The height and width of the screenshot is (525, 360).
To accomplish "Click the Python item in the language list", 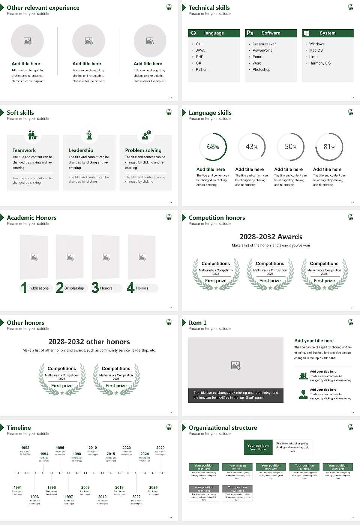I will click(201, 70).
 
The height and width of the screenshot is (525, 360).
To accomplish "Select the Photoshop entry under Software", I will click(261, 70).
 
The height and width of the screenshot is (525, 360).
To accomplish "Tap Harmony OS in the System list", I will click(320, 63).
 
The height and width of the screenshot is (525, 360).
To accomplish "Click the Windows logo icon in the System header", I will click(306, 33).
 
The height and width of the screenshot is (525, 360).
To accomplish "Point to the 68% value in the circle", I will click(213, 147).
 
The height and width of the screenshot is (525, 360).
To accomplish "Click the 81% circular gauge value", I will click(329, 147).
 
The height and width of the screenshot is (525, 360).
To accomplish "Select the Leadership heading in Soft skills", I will click(81, 150).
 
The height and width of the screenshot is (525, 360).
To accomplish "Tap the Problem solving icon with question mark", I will click(146, 135).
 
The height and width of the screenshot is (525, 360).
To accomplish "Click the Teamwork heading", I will click(24, 150).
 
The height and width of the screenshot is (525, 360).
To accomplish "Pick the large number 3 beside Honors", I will click(95, 288).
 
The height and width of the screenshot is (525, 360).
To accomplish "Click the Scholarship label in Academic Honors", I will click(74, 288).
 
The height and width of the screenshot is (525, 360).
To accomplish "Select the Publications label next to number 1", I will click(39, 288).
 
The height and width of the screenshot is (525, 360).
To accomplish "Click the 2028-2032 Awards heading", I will click(271, 237).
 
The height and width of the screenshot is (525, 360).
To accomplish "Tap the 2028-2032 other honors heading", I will click(89, 342).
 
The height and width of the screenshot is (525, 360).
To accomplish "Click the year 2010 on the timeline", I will click(93, 448).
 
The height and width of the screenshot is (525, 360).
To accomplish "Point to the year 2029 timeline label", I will click(160, 448).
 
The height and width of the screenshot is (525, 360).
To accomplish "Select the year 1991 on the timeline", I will click(18, 488).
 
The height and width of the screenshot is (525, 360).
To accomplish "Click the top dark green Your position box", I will click(258, 447).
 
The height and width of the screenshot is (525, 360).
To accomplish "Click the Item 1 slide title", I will click(197, 322).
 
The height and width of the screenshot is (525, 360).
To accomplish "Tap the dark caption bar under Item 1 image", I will click(235, 395).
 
